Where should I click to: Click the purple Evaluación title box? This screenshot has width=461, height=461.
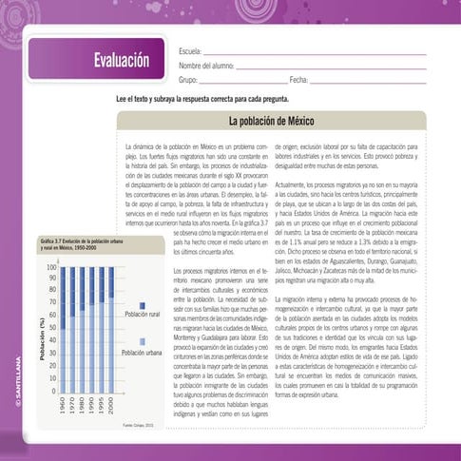(96, 59)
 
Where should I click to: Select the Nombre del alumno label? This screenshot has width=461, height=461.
(206, 65)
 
